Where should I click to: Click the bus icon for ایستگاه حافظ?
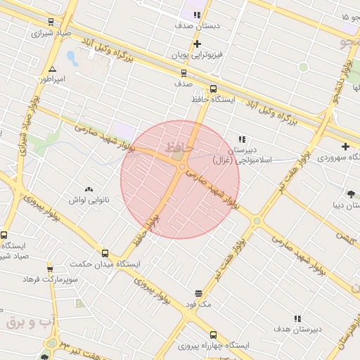tap(213, 89)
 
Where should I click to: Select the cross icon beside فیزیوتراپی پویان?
tap(198, 44)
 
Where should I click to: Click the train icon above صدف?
tap(184, 72)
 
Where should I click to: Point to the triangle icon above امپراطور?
tap(53, 69)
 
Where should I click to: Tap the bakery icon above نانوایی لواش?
tap(89, 189)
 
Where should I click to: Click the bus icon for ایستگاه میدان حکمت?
tap(105, 253)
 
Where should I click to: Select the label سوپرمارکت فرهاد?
tap(49, 280)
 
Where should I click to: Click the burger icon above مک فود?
tap(198, 293)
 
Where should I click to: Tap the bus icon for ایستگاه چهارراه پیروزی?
tap(213, 335)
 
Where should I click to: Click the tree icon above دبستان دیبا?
tap(351, 194)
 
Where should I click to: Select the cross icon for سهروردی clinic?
tap(345, 146)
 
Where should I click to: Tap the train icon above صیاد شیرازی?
tap(50, 22)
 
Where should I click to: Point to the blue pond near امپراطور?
tap(72, 56)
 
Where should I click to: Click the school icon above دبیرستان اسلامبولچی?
tap(242, 139)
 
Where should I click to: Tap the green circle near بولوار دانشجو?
tap(304, 67)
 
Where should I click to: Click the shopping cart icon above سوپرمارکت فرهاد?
tap(49, 269)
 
